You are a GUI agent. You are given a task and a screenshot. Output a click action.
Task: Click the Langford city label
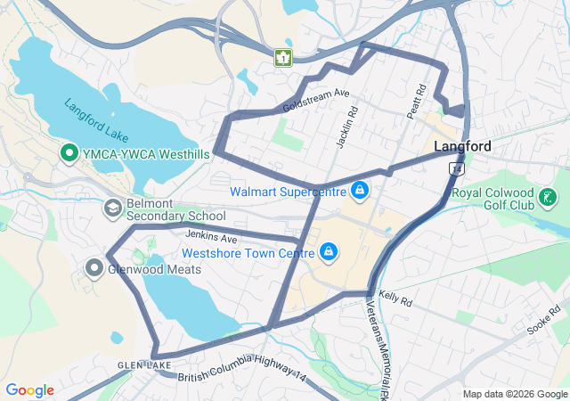coord(462,146)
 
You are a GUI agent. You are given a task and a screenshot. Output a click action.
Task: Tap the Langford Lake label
coord(96,120)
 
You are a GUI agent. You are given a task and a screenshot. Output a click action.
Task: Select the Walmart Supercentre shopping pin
coord(359,191)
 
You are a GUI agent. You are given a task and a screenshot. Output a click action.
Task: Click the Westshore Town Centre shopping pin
coord(329,252)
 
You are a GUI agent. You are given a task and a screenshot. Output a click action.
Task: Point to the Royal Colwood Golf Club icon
coord(549,197)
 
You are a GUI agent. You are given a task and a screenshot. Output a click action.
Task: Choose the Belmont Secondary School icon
coord(112,209)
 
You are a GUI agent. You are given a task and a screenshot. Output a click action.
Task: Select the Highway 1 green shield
coord(282,58)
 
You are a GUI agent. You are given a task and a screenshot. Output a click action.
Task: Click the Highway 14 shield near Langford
coord(457,168)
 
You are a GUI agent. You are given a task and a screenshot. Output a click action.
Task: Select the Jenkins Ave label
coord(211,238)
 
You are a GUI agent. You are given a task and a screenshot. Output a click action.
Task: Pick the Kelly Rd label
coord(395,298)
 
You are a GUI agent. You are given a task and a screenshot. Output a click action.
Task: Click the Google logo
coord(29,390)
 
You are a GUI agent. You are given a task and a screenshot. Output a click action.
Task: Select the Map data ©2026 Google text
coord(514,394)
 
